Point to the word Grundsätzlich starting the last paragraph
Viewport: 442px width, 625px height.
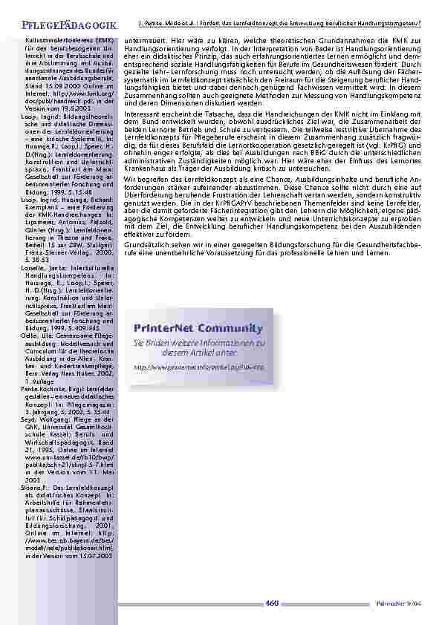[x=149, y=242]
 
